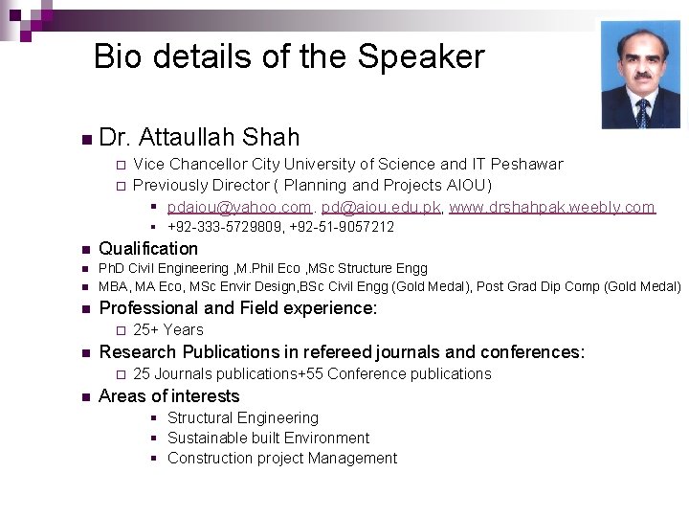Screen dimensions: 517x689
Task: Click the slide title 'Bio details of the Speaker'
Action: (x=289, y=57)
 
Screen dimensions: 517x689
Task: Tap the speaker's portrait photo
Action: (x=640, y=75)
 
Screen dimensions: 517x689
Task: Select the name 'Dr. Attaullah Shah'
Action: (x=199, y=138)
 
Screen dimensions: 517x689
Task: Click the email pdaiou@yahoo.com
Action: (x=239, y=207)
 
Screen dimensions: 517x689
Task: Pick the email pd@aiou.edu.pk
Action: (x=381, y=207)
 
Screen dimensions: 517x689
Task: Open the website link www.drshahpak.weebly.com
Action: (x=552, y=207)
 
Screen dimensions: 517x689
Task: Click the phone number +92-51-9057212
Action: (x=342, y=228)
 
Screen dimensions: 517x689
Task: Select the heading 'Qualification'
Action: (x=148, y=249)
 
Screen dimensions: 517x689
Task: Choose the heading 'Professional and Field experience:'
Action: (x=238, y=308)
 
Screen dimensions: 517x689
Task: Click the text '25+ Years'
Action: (x=168, y=330)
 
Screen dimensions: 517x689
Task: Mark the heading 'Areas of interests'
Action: (x=169, y=396)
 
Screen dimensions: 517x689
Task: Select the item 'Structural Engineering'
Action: (x=243, y=418)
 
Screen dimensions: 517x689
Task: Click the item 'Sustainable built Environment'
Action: (x=268, y=438)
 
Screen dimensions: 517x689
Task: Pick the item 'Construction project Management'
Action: (x=281, y=459)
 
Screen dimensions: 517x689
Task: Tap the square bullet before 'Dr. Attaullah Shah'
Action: (x=86, y=140)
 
